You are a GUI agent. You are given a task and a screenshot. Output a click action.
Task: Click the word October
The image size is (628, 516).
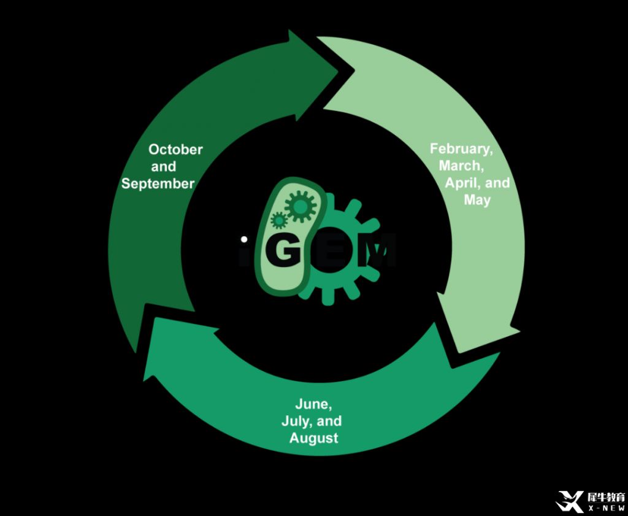175,149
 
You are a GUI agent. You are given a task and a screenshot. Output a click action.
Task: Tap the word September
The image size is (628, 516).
158,183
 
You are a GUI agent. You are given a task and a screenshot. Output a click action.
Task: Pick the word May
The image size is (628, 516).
477,200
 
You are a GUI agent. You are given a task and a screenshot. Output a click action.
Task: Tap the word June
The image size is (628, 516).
314,404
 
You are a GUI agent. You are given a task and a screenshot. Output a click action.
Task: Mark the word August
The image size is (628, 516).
314,439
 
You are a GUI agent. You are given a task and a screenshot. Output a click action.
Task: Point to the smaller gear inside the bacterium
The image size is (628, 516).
279,219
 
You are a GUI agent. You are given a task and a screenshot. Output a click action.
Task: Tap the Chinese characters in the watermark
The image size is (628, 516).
605,496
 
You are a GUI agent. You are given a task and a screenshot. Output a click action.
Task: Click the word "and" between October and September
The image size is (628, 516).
164,166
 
